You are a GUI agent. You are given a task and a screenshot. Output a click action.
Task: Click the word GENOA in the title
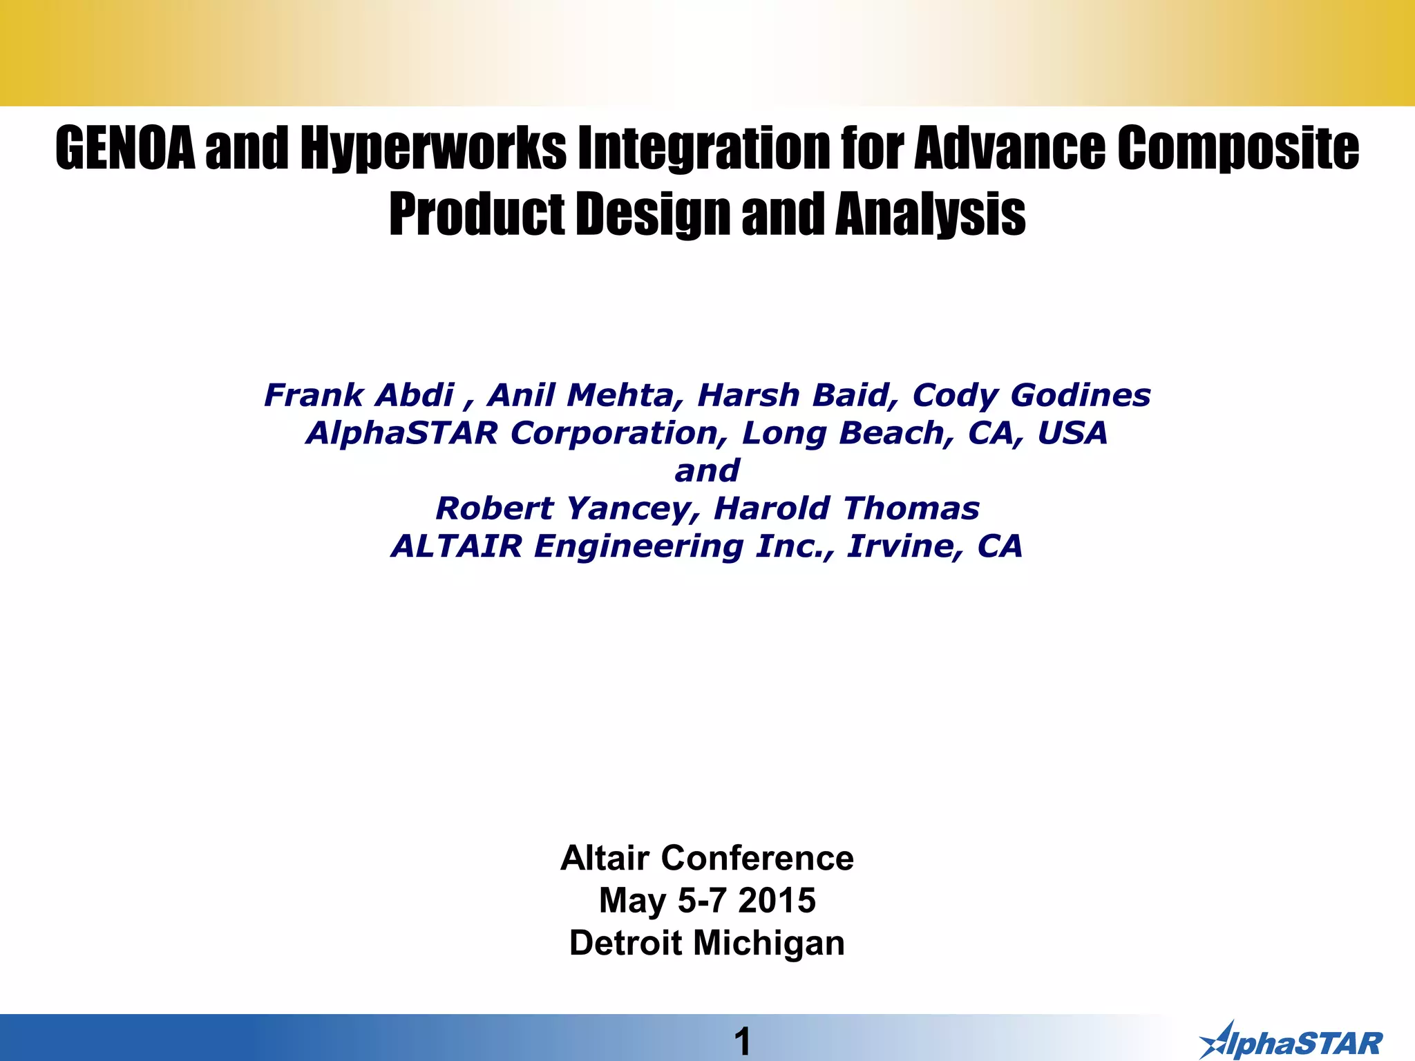pyautogui.click(x=125, y=149)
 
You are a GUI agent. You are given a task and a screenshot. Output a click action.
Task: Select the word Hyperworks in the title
pyautogui.click(x=433, y=149)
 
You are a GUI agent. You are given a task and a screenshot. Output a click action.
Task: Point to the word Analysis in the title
pyautogui.click(x=930, y=214)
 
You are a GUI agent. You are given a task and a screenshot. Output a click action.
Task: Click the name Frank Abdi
pyautogui.click(x=359, y=395)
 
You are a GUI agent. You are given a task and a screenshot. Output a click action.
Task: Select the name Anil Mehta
pyautogui.click(x=580, y=395)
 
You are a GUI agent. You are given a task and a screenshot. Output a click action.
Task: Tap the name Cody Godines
pyautogui.click(x=1032, y=395)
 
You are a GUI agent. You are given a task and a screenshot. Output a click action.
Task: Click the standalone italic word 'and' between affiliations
pyautogui.click(x=707, y=471)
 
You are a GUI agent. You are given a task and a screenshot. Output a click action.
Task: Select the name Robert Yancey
pyautogui.click(x=563, y=509)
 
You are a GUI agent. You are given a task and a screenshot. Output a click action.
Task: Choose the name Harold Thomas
pyautogui.click(x=846, y=509)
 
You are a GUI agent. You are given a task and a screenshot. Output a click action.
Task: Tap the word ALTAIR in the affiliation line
pyautogui.click(x=457, y=546)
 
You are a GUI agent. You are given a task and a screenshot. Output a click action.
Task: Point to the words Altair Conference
pyautogui.click(x=707, y=859)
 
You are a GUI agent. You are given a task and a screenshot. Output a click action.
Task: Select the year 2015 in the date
pyautogui.click(x=777, y=901)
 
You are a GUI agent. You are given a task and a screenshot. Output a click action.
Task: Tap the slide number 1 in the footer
pyautogui.click(x=742, y=1042)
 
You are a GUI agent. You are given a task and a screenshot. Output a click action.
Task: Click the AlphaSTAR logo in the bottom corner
pyautogui.click(x=1291, y=1041)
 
